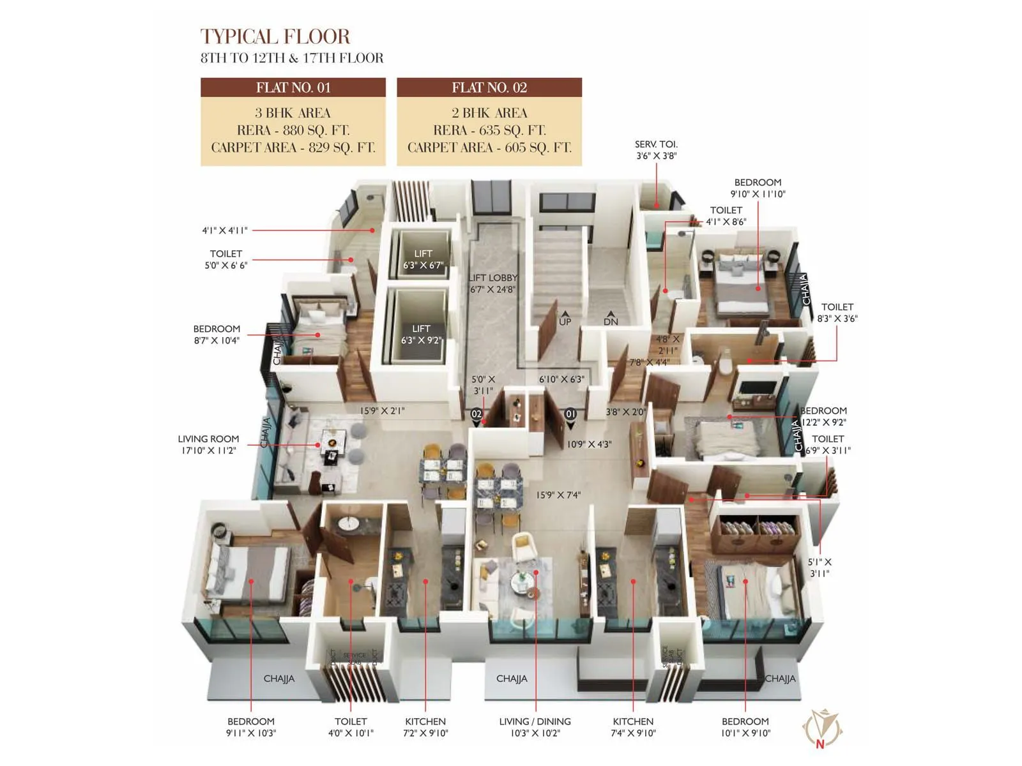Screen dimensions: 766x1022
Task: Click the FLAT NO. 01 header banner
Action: [x=293, y=87]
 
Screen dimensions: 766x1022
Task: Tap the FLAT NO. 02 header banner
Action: [x=489, y=87]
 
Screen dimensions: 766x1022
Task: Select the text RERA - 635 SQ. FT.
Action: [x=489, y=130]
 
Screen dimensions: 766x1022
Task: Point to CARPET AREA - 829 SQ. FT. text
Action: [x=293, y=147]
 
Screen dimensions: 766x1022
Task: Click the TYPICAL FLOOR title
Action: [x=275, y=37]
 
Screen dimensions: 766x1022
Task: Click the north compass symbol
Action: [x=822, y=728]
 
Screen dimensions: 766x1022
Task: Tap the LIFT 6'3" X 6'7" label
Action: [x=423, y=259]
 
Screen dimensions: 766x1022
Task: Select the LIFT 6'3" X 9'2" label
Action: [x=421, y=334]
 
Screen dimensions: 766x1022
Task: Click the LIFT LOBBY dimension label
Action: [x=492, y=283]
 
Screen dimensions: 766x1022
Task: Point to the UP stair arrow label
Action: [x=565, y=319]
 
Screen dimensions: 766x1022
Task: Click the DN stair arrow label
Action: [x=611, y=319]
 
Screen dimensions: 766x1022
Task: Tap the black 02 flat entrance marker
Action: [x=477, y=415]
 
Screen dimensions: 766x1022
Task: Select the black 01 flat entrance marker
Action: [x=570, y=415]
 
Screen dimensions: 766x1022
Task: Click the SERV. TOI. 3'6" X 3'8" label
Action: [x=656, y=150]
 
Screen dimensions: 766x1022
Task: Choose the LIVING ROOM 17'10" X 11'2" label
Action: [x=208, y=444]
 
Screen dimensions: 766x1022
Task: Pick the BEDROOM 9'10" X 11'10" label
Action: [x=758, y=188]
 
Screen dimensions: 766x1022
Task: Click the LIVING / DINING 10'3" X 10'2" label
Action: [x=535, y=727]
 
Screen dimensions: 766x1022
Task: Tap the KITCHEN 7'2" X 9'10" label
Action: [x=425, y=727]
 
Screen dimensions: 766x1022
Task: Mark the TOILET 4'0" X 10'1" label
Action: [x=351, y=727]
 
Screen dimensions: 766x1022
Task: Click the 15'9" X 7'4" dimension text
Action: [x=558, y=495]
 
